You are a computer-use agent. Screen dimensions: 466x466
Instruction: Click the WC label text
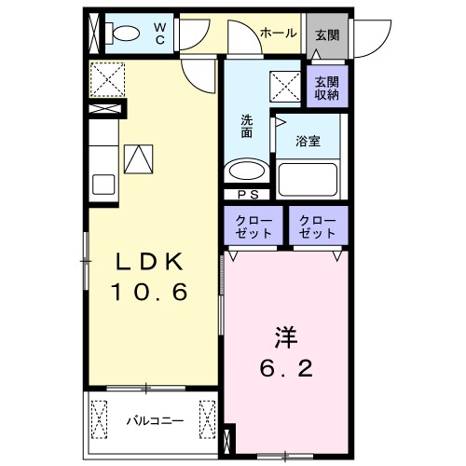159,34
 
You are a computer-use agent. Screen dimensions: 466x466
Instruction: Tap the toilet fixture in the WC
122,35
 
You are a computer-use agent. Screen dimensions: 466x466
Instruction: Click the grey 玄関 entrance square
326,34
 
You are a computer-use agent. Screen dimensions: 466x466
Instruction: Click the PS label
248,195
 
